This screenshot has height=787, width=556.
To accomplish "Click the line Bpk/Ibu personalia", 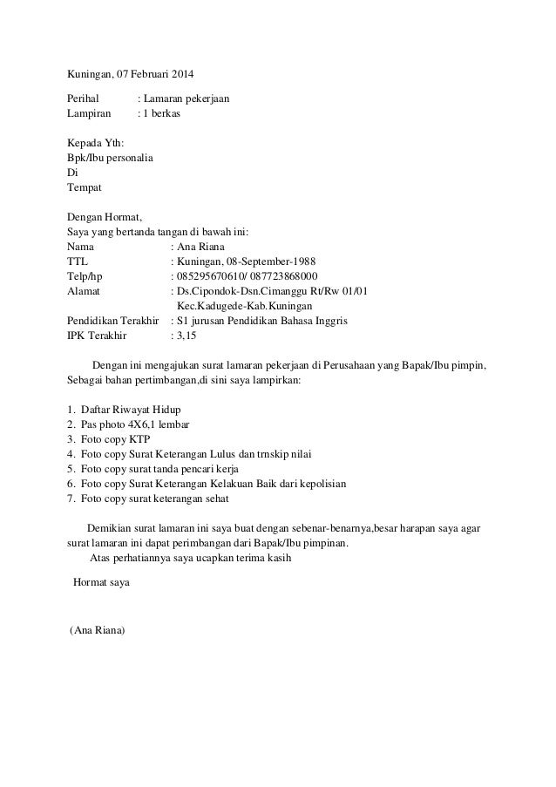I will [x=111, y=159].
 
